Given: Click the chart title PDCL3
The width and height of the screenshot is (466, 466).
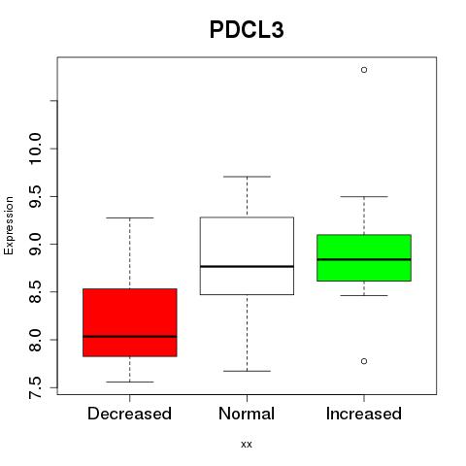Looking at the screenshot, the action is (247, 30).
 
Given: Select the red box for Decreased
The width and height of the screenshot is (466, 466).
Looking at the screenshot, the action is (130, 322).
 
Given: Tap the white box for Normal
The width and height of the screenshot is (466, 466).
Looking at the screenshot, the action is (247, 255).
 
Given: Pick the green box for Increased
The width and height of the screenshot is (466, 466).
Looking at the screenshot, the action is (364, 257).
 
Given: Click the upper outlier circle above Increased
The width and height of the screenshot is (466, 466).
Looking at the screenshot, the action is (364, 70).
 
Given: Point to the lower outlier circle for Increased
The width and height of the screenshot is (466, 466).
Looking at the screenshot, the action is (364, 361).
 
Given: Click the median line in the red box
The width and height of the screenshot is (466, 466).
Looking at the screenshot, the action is (130, 337).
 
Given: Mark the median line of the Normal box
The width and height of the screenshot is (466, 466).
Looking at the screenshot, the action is (247, 266).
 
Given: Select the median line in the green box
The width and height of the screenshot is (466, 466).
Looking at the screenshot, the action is (364, 259).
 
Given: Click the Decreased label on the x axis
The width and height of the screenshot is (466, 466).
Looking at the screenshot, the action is (129, 414).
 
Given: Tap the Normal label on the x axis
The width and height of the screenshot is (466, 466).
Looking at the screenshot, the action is (247, 414).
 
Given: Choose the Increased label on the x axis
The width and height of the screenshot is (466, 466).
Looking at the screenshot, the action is (364, 414).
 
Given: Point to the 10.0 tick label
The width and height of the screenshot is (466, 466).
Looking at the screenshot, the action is (35, 149).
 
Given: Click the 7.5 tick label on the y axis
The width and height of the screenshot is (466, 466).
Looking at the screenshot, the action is (35, 387).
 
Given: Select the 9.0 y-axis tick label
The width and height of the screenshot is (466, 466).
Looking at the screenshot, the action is (35, 244).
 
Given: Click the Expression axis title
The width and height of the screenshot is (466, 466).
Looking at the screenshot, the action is (9, 225).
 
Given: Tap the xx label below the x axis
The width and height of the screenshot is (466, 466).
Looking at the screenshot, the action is (247, 444).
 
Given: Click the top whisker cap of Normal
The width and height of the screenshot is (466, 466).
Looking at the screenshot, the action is (247, 177).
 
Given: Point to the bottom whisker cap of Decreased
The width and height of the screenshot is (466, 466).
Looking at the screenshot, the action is (130, 382).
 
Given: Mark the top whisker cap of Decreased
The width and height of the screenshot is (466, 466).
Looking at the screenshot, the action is (130, 217).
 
